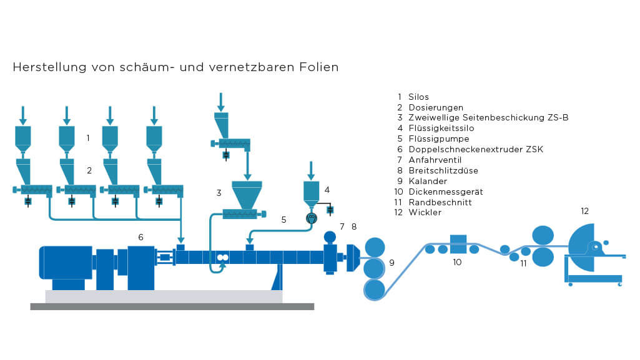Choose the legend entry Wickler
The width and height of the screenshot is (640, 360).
tap(425, 213)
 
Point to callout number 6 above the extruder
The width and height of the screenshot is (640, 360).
tap(141, 236)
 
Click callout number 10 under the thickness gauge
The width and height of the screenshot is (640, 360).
tap(457, 262)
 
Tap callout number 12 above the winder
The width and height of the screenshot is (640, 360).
tap(584, 211)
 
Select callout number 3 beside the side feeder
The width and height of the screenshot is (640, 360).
tap(219, 193)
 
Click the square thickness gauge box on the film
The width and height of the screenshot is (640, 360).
tap(458, 244)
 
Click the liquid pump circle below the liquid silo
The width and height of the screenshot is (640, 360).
tap(312, 218)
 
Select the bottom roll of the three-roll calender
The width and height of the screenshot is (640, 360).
tap(375, 289)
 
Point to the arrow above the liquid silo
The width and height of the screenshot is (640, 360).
tap(312, 169)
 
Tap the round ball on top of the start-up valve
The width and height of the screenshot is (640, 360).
tap(330, 236)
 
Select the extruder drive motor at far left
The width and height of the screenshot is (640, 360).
tap(66, 262)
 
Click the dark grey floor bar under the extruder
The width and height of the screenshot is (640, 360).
tap(172, 306)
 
